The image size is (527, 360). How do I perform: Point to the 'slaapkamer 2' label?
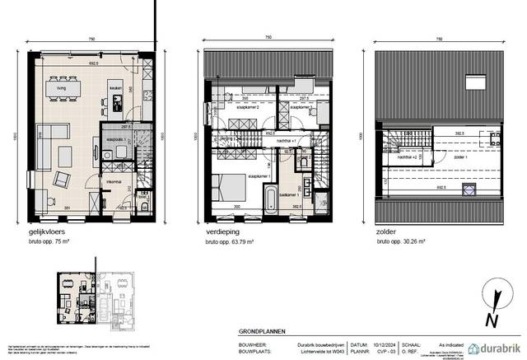[x=245, y=108]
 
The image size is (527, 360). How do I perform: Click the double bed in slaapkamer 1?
[x=229, y=186]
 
